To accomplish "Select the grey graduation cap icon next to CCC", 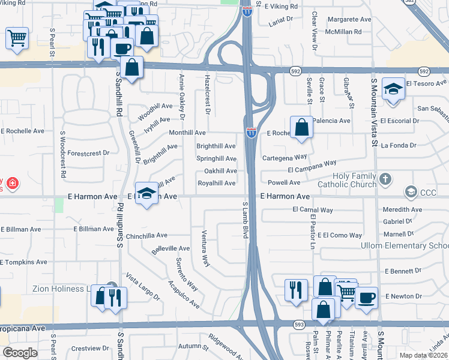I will click(x=411, y=192).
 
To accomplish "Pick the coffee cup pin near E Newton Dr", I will click(x=366, y=298).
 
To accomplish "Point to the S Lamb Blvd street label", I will click(x=246, y=220).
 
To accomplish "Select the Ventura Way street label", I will click(x=205, y=247).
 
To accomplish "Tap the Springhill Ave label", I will click(x=216, y=158).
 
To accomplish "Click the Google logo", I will click(x=20, y=353).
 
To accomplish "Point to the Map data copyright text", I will click(x=424, y=355).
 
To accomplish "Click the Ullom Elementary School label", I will click(x=405, y=246).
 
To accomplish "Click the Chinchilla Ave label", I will click(x=146, y=236).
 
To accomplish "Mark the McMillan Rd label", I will click(x=340, y=31).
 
